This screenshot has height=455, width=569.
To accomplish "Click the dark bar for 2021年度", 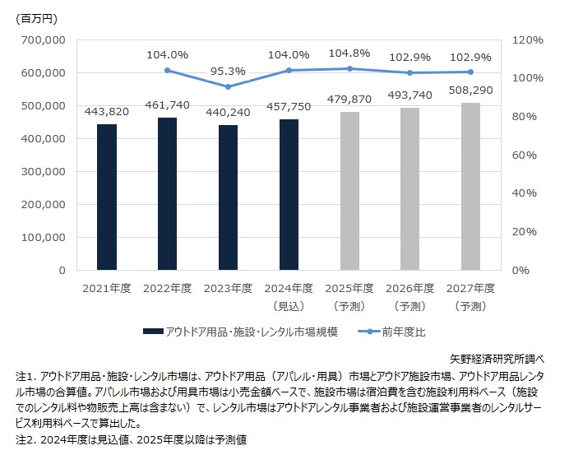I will pyautogui.click(x=107, y=197).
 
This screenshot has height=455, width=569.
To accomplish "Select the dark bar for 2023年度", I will pyautogui.click(x=228, y=197).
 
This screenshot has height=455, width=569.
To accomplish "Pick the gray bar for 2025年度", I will pyautogui.click(x=349, y=191).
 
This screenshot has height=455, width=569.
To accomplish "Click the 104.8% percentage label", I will pyautogui.click(x=349, y=53).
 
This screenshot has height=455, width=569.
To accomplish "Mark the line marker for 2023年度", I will pyautogui.click(x=228, y=86).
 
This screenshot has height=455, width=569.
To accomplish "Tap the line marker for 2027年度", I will pyautogui.click(x=470, y=72).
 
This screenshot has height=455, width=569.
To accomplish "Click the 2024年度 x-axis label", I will pyautogui.click(x=289, y=288).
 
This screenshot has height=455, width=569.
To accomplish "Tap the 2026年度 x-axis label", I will pyautogui.click(x=409, y=288).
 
